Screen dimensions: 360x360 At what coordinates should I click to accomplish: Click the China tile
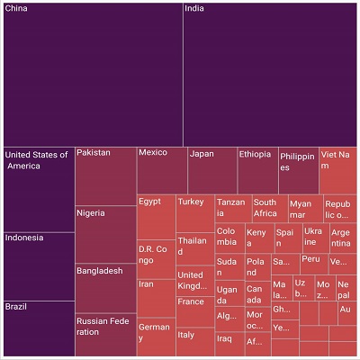point(92,74)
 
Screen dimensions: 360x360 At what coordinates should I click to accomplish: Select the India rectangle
point(269,74)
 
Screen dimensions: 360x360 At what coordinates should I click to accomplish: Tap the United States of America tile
point(38,189)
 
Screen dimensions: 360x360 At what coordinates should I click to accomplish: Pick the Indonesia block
point(38,265)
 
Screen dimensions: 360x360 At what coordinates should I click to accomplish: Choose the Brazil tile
point(38,328)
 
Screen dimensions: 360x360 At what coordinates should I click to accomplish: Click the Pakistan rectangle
point(104,176)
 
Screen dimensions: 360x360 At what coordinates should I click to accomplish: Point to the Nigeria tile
point(104,234)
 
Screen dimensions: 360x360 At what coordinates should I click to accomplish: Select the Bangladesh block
point(104,287)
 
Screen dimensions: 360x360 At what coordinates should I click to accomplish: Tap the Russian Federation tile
point(104,334)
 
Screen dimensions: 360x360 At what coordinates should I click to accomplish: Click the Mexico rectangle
point(161,169)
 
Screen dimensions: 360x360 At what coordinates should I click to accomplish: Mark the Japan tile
point(211,169)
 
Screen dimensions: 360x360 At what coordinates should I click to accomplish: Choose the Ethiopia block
point(256,169)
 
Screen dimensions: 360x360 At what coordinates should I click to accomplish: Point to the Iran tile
point(155,297)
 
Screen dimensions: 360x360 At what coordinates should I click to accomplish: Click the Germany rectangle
point(155,337)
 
